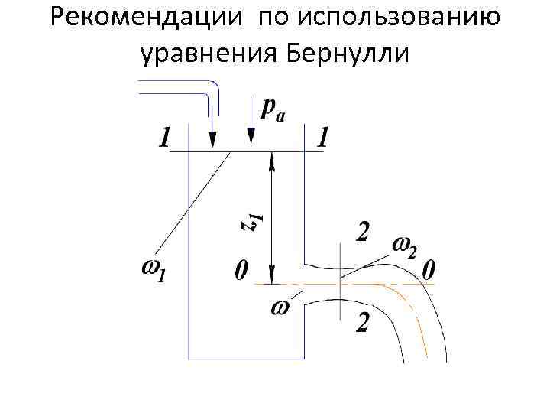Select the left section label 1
pyautogui.click(x=164, y=137)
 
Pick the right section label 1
pyautogui.click(x=324, y=137)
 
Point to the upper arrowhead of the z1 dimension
pyautogui.click(x=271, y=158)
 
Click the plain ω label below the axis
pyautogui.click(x=280, y=307)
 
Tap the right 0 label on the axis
pyautogui.click(x=429, y=269)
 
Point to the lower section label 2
pyautogui.click(x=363, y=324)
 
